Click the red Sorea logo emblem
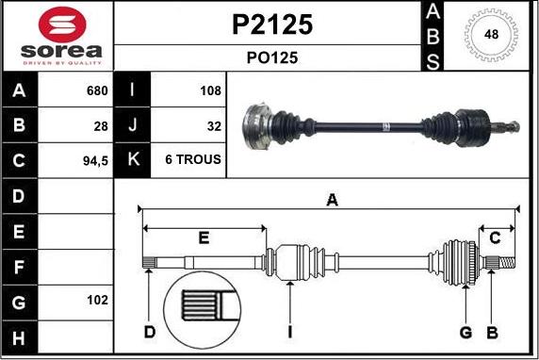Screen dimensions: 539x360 [x=62, y=25]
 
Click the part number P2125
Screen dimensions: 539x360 [x=272, y=25]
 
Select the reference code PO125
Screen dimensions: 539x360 [x=272, y=57]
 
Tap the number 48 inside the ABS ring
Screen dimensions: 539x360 [x=491, y=34]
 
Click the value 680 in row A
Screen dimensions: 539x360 [x=97, y=90]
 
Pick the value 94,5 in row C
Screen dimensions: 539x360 [x=95, y=160]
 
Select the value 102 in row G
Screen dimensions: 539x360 [x=97, y=301]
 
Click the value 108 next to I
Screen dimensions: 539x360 [x=210, y=90]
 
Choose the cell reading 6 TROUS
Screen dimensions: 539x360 [x=193, y=159]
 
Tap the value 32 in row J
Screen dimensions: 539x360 [x=214, y=126]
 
